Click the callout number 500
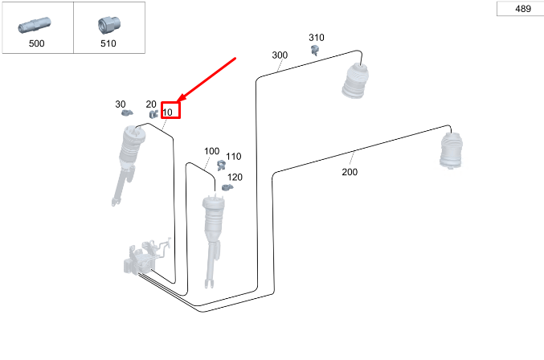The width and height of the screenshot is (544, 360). tap(36, 43)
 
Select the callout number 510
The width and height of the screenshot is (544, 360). tap(108, 43)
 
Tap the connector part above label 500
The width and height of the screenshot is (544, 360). tap(35, 25)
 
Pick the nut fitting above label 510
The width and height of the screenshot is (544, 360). tap(108, 25)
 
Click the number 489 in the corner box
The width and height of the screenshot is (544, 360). tap(523, 9)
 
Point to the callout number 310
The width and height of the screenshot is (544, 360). tap(317, 38)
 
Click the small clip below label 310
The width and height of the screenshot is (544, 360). tap(315, 50)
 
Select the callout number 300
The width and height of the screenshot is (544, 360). tap(280, 55)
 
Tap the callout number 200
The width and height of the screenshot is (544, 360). tap(350, 172)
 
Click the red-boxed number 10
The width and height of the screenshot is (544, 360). tap(168, 112)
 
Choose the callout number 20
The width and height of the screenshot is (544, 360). tap(151, 104)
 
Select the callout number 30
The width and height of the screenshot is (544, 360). tap(121, 104)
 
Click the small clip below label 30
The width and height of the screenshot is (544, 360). tap(127, 113)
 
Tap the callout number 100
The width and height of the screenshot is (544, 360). tap(211, 151)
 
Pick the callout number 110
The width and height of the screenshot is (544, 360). tap(234, 157)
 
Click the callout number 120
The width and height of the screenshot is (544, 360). tap(235, 178)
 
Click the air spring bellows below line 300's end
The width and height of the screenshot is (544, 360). tap(355, 80)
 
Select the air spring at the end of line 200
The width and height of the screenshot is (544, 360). tap(451, 151)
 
